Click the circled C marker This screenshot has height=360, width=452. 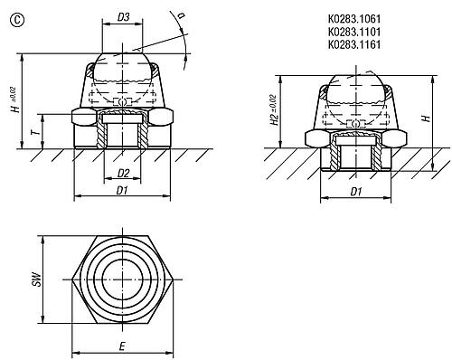(x=17, y=20)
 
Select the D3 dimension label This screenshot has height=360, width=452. (x=123, y=17)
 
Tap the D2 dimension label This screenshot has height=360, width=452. (x=123, y=173)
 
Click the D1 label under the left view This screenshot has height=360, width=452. (x=122, y=190)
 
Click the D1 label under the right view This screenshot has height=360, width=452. (x=356, y=192)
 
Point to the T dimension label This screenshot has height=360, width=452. (x=35, y=132)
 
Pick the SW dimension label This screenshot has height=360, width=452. (x=36, y=279)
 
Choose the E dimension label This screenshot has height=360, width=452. (x=122, y=346)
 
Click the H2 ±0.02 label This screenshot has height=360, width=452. (x=273, y=109)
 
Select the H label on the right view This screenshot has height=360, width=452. (x=426, y=118)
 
